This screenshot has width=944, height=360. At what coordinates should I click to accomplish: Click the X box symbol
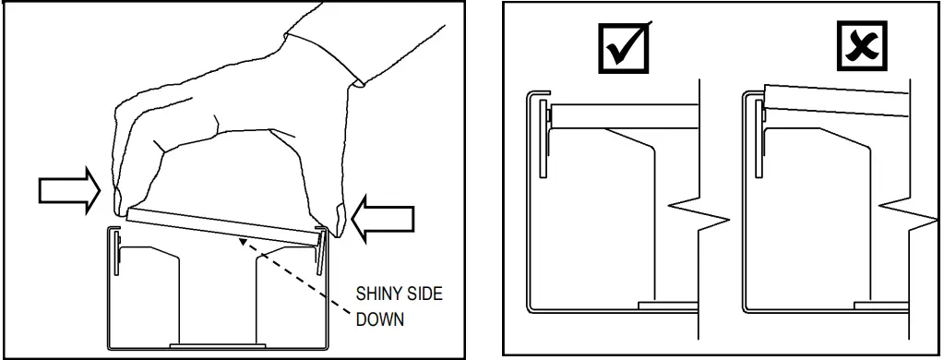coord(861,46)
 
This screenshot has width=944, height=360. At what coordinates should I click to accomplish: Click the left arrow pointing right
coord(68,189)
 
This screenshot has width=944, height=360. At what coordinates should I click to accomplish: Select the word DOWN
coord(379,321)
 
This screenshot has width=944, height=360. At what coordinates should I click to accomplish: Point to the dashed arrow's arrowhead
coord(242,241)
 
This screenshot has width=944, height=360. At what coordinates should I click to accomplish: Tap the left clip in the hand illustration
coord(116,254)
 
